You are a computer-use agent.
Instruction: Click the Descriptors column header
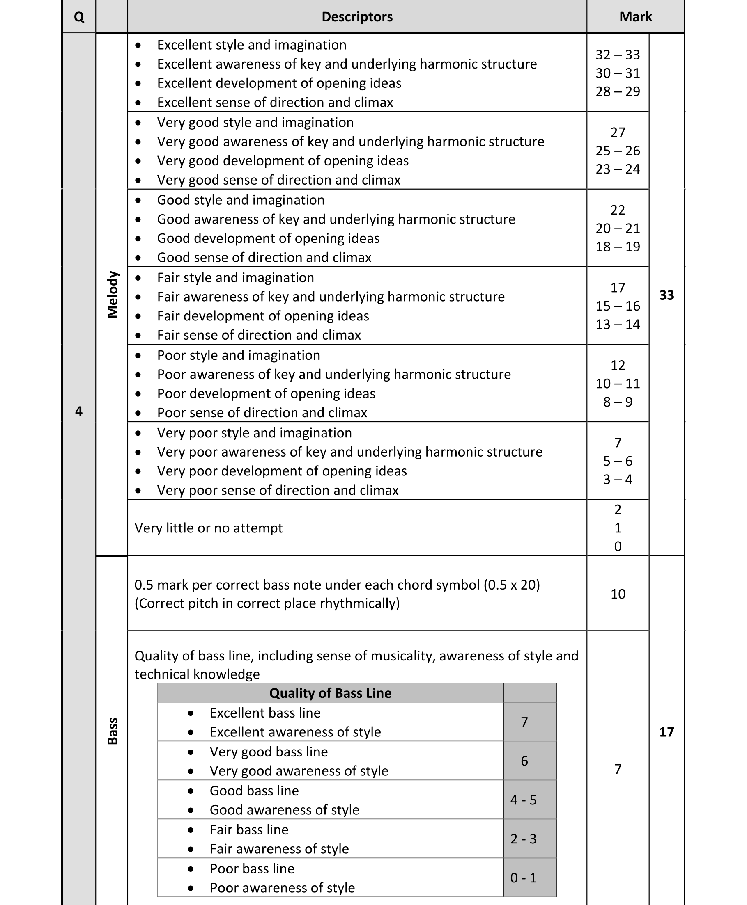(x=357, y=17)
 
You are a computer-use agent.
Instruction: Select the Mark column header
(x=635, y=17)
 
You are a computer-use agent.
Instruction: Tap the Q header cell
(x=79, y=17)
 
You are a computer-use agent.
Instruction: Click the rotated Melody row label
(x=112, y=295)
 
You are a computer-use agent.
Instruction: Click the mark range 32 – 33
(x=618, y=55)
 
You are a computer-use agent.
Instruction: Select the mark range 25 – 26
(x=618, y=151)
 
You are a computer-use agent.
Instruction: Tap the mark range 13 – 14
(x=618, y=324)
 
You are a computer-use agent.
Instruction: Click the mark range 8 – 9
(x=618, y=402)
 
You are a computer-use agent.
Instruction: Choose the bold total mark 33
(x=666, y=295)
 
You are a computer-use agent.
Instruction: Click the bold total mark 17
(x=666, y=732)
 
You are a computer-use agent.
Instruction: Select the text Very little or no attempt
(x=208, y=528)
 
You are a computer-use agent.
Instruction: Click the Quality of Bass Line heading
(x=330, y=693)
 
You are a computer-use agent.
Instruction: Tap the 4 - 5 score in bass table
(x=523, y=800)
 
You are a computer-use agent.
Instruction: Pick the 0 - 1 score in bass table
(x=523, y=878)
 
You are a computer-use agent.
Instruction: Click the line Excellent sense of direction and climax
(x=275, y=102)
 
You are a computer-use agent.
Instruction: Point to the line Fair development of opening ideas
(x=263, y=316)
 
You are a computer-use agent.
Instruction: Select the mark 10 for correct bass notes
(x=618, y=594)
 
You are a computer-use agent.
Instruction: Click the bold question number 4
(x=79, y=411)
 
